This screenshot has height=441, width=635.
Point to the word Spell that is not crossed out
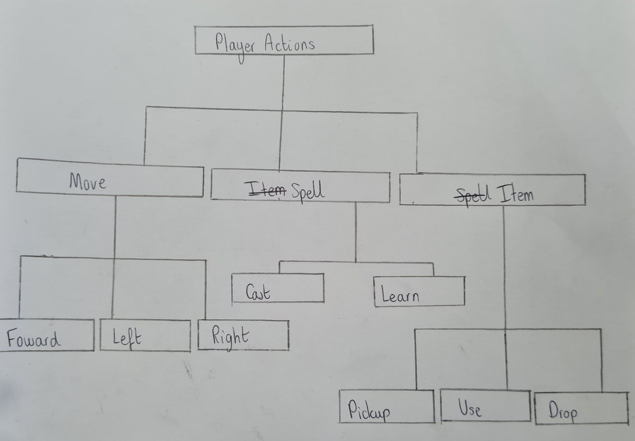[x=308, y=190]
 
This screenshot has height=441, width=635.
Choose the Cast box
[x=278, y=289]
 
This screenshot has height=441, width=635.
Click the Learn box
[x=419, y=292]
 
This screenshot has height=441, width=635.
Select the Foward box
[x=47, y=335]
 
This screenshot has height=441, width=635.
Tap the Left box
[x=145, y=335]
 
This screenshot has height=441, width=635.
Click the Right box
[x=243, y=335]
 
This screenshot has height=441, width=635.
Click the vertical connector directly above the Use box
[x=507, y=360]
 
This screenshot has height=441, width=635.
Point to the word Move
[x=87, y=182]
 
